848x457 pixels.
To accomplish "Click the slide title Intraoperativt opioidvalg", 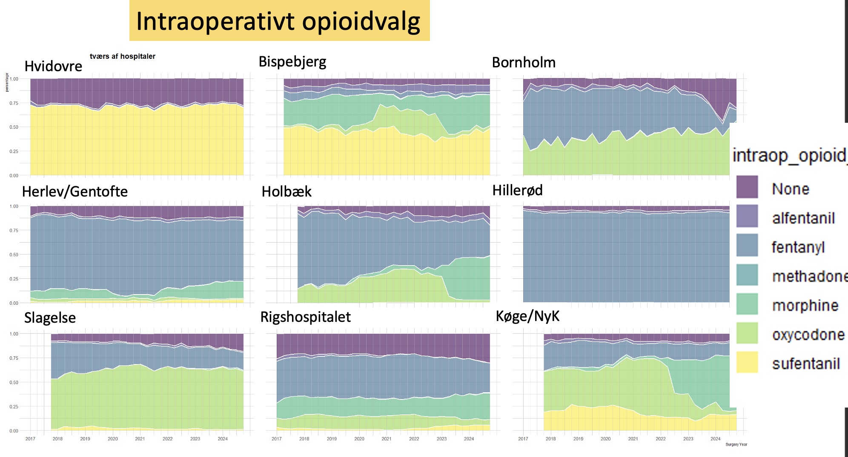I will (278, 21).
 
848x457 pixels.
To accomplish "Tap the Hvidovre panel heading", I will (53, 67).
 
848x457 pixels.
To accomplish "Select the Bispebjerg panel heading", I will (292, 62).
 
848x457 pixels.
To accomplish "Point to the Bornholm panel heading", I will (524, 63).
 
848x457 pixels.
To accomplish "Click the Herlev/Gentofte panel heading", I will (75, 191).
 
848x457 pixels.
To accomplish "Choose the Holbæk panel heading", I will (286, 192).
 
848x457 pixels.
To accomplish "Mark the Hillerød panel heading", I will (517, 190).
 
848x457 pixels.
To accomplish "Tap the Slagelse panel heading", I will (50, 318).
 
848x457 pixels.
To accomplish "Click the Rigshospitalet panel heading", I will (305, 317).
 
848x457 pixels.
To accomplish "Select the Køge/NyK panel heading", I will (527, 316).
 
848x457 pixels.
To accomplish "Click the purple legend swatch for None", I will (747, 187).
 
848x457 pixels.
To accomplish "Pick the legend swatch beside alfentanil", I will (747, 216).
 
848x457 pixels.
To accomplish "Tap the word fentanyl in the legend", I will (798, 247).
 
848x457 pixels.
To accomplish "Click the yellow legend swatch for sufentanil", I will (747, 362).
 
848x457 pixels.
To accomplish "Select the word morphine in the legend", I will (805, 305).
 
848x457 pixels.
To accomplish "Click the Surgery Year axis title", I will (736, 444).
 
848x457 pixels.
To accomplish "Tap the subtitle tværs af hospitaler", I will (123, 56).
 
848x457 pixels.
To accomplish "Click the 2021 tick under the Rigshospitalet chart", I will (387, 439).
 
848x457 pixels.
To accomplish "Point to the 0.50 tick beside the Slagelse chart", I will (14, 382).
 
